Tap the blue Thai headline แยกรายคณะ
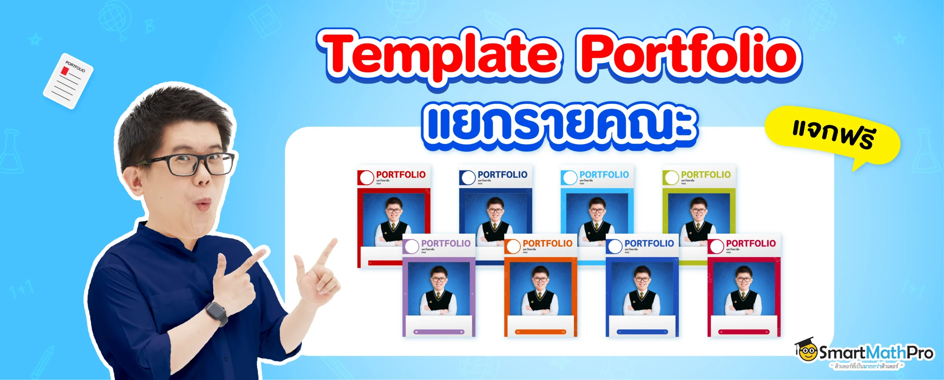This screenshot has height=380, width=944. pyautogui.click(x=559, y=125)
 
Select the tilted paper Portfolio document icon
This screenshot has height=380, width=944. pyautogui.click(x=68, y=81)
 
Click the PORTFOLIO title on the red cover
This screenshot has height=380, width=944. pyautogui.click(x=400, y=175)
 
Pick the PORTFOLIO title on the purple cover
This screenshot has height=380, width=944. pyautogui.click(x=446, y=243)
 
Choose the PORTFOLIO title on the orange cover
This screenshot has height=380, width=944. pyautogui.click(x=547, y=243)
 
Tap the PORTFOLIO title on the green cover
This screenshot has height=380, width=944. pyautogui.click(x=705, y=175)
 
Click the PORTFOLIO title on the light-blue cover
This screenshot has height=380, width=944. pyautogui.click(x=604, y=175)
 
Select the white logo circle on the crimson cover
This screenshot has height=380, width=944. pyautogui.click(x=717, y=247)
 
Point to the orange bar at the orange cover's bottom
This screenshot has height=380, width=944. pyautogui.click(x=540, y=332)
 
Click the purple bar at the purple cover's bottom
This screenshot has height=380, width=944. pyautogui.click(x=438, y=332)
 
